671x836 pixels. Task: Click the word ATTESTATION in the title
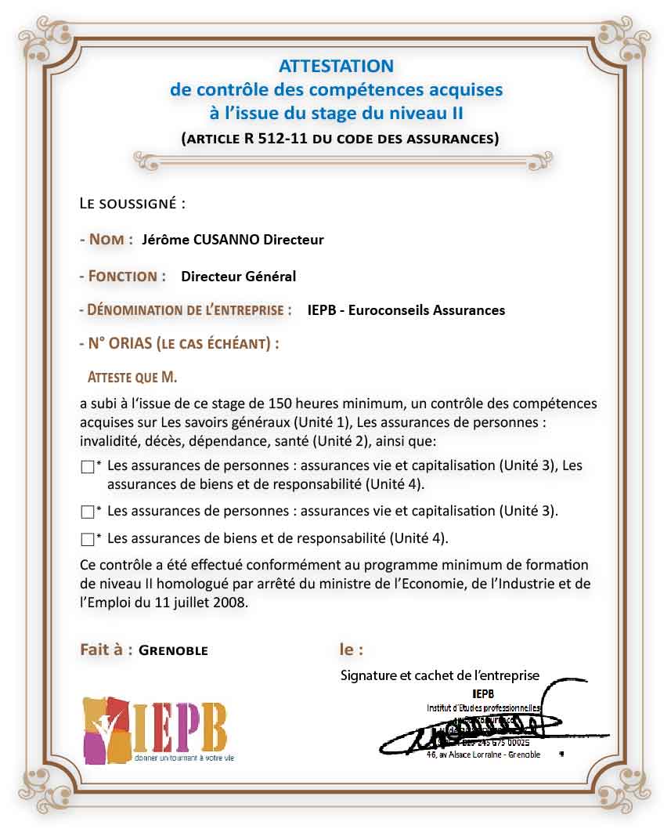(x=336, y=66)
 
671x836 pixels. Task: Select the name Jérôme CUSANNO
(x=200, y=240)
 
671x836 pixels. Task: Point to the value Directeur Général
(x=238, y=276)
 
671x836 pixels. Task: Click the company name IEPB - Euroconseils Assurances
(x=406, y=309)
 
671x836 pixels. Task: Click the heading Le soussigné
(x=132, y=204)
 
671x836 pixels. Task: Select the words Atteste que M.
(x=132, y=378)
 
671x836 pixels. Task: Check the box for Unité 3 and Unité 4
(x=87, y=467)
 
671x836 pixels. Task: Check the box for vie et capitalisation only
(x=87, y=512)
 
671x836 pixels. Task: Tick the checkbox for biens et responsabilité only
(x=87, y=539)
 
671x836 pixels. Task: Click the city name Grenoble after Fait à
(x=173, y=650)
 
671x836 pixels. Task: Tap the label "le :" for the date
(x=351, y=650)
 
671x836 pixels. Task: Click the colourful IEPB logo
(x=157, y=729)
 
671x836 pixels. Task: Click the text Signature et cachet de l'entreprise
(x=439, y=675)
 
